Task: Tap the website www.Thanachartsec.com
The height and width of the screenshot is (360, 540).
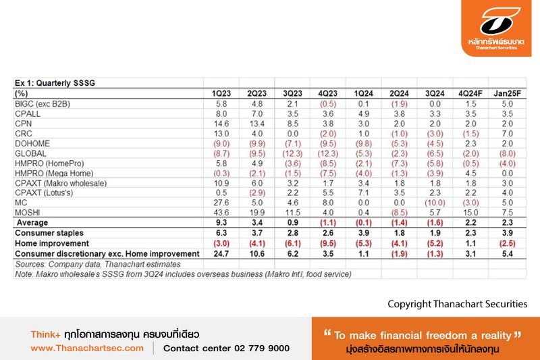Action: [87, 349]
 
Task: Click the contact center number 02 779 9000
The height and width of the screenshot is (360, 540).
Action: [226, 349]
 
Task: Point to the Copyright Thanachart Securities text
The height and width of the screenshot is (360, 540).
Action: [457, 304]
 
